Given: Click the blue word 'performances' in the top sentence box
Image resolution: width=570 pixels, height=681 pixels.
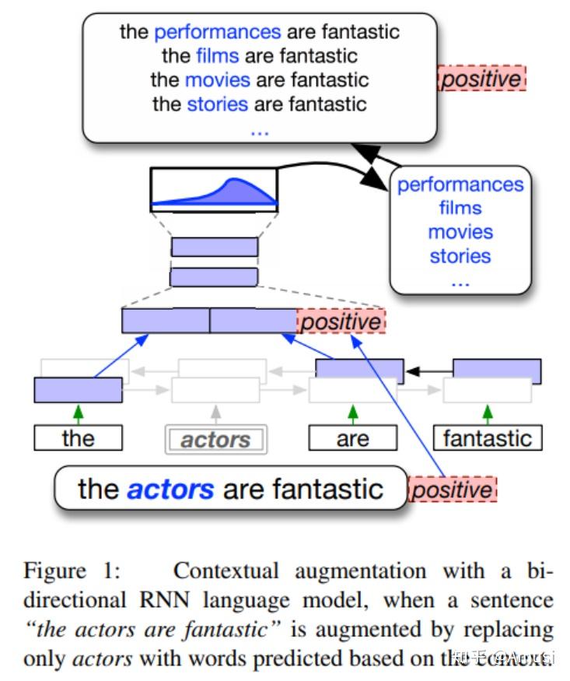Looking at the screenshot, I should tap(217, 32).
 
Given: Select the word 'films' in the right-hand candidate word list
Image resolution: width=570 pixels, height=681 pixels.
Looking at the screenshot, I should tap(460, 209).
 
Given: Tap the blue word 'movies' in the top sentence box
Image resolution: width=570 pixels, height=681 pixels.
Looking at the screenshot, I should tap(218, 79).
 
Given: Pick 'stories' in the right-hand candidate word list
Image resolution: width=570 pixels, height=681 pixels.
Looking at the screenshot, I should tap(460, 256).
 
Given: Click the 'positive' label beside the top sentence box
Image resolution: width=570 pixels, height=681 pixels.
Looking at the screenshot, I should tap(482, 79).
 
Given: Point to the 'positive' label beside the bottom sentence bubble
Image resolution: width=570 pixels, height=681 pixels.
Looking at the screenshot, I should tap(452, 490).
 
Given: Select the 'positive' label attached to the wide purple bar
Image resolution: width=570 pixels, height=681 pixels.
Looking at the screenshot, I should tap(341, 321).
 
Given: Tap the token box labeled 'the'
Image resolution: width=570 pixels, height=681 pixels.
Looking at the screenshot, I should tap(78, 438).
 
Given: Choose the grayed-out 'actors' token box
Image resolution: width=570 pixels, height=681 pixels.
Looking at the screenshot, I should tap(215, 440).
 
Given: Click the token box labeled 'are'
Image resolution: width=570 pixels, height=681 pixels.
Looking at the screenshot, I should tap(352, 438).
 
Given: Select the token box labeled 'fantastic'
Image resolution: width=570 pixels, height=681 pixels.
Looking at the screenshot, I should tap(487, 438).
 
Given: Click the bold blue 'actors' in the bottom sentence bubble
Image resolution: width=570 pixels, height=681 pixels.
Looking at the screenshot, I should tap(170, 489).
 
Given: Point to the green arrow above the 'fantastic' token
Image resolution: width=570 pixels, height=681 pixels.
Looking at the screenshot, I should tap(488, 413).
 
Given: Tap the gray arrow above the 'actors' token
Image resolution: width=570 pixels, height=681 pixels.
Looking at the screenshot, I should tap(216, 413).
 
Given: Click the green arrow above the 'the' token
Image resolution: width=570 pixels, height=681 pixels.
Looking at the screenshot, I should tap(78, 413).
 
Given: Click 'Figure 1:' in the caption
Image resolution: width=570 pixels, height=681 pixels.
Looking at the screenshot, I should tap(72, 572).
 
